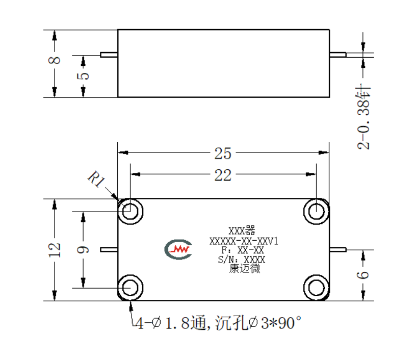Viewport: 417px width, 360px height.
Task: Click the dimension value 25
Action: [223, 153]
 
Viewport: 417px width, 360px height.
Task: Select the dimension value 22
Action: [223, 175]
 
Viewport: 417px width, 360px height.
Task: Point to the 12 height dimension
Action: [55, 250]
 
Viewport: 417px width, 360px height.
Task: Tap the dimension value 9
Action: [83, 250]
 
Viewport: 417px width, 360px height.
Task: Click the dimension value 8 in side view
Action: [55, 60]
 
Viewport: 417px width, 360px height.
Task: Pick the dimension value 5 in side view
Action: [83, 76]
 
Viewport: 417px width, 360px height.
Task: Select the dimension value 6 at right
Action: [363, 275]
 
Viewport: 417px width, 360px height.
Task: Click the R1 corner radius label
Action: [96, 179]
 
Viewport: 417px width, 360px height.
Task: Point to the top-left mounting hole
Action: [131, 212]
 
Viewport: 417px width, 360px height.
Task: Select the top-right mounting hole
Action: [316, 212]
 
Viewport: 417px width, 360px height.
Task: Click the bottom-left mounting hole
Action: [131, 288]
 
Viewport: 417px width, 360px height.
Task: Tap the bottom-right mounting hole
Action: [316, 288]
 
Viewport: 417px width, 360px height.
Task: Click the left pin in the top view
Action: [109, 249]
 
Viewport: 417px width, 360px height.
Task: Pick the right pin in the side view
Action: [338, 55]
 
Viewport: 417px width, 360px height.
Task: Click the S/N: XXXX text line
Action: [242, 260]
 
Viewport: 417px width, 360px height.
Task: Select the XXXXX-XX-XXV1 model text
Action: [244, 241]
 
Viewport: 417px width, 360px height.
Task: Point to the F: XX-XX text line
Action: [243, 250]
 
